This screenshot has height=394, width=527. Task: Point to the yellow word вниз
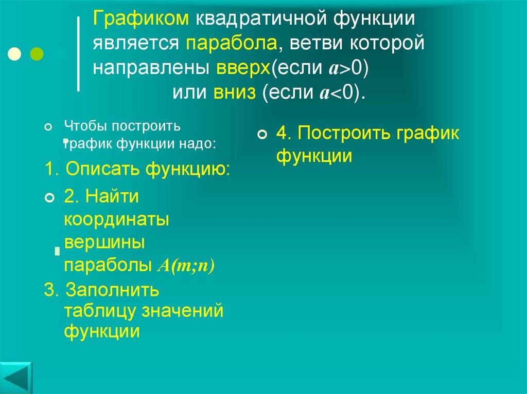(234, 92)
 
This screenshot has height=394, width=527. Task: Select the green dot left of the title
(37, 53)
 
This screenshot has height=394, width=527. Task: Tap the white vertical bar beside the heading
(78, 54)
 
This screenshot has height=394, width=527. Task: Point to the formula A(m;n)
(185, 266)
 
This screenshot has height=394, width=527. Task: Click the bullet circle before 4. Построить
(262, 135)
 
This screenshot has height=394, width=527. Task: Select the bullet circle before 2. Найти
(49, 198)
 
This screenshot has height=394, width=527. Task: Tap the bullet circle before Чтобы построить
(49, 127)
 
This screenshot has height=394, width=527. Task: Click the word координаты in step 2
(117, 219)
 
